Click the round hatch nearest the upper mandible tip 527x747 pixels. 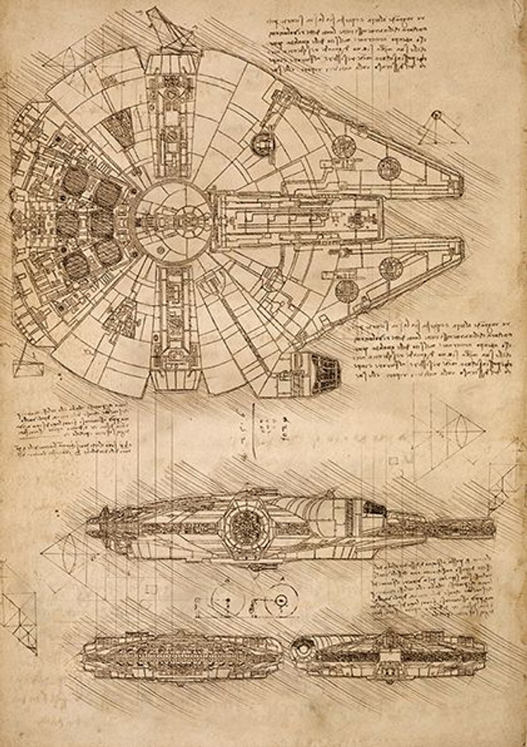[x=389, y=167]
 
